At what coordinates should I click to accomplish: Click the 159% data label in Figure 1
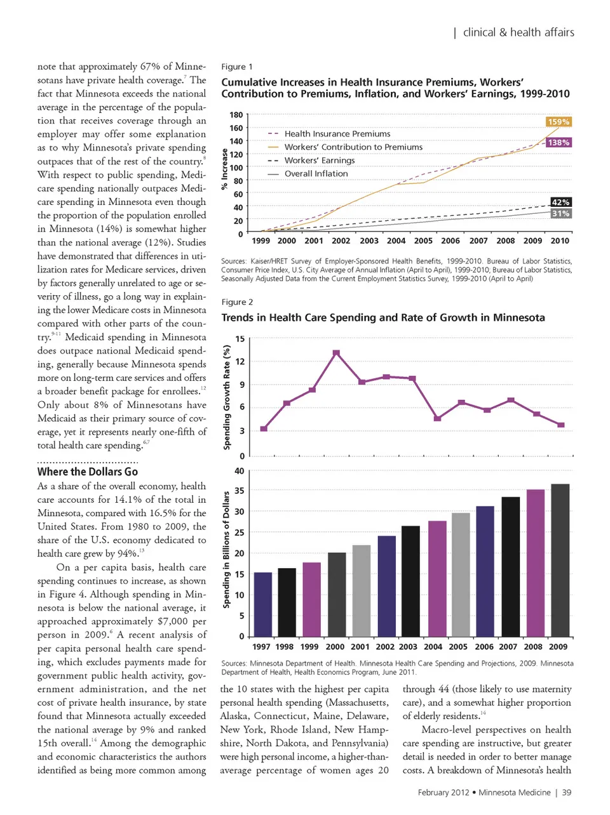(x=559, y=122)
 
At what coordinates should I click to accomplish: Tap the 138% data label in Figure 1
(x=559, y=143)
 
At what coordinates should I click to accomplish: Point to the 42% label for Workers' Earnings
(x=560, y=202)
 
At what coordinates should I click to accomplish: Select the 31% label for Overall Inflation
(x=560, y=214)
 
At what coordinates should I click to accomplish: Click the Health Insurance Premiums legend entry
(x=337, y=134)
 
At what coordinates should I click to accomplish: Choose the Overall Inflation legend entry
(x=316, y=174)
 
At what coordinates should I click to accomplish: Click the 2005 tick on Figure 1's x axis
(x=423, y=241)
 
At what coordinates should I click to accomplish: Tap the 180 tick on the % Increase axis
(x=236, y=115)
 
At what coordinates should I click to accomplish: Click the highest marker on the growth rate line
(x=336, y=353)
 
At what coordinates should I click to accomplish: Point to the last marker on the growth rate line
(x=560, y=425)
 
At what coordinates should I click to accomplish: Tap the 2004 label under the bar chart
(x=433, y=647)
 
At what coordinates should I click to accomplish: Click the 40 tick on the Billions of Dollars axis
(x=239, y=471)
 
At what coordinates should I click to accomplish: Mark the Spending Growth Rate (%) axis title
(x=227, y=397)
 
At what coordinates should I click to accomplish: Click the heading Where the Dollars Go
(x=88, y=472)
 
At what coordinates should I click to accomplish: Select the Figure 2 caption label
(x=237, y=302)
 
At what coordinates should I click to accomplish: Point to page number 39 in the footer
(x=567, y=792)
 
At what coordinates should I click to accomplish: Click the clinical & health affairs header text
(x=518, y=32)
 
